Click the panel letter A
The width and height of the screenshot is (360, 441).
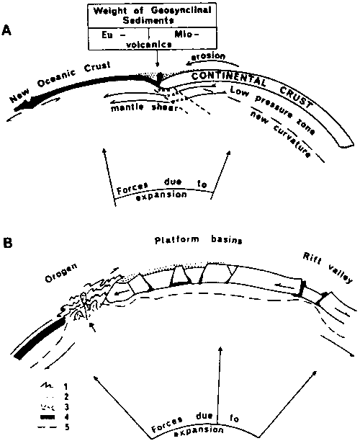point(6,30)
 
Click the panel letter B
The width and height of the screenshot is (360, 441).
point(7,242)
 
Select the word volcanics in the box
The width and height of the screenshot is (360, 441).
point(149,44)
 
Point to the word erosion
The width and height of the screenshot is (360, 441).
point(208,56)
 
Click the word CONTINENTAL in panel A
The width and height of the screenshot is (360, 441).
point(228,79)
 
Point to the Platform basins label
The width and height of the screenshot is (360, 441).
point(199,240)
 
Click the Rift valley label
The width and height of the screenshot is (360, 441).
point(327,268)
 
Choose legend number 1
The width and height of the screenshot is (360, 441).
point(66,386)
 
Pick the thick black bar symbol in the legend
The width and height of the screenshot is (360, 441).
point(47,417)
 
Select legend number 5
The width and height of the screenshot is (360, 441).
point(67,427)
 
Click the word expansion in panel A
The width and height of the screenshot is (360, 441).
point(161,195)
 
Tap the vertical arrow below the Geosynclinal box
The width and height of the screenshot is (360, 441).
point(158,58)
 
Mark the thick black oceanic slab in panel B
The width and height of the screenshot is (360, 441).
point(40,338)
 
